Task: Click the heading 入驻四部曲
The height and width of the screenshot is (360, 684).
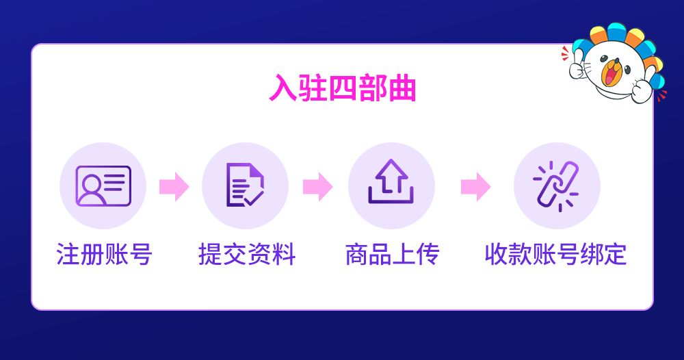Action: (x=343, y=88)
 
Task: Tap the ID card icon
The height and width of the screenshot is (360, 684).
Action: (x=103, y=186)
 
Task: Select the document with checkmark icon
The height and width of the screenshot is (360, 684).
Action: (x=245, y=185)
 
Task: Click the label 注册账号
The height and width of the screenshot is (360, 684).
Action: (x=104, y=255)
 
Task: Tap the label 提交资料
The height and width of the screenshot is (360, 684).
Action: (x=247, y=255)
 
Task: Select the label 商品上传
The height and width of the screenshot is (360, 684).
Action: (x=392, y=255)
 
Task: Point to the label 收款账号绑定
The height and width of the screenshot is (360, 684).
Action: (x=555, y=255)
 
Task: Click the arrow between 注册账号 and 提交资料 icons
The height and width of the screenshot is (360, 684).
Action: (x=174, y=187)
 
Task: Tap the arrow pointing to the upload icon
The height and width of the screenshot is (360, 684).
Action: (x=317, y=187)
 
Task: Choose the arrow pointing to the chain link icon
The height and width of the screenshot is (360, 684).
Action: (x=476, y=187)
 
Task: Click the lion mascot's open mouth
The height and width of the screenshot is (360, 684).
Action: (x=611, y=72)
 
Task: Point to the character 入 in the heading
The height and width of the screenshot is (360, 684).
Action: (x=283, y=88)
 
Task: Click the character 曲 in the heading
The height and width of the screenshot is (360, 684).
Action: (x=402, y=88)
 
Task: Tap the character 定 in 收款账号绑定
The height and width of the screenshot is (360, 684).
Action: (x=615, y=255)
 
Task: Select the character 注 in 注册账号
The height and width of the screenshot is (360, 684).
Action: (x=68, y=255)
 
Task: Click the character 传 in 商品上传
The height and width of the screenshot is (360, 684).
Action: (x=428, y=255)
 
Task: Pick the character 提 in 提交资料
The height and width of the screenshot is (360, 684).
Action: (x=210, y=255)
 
